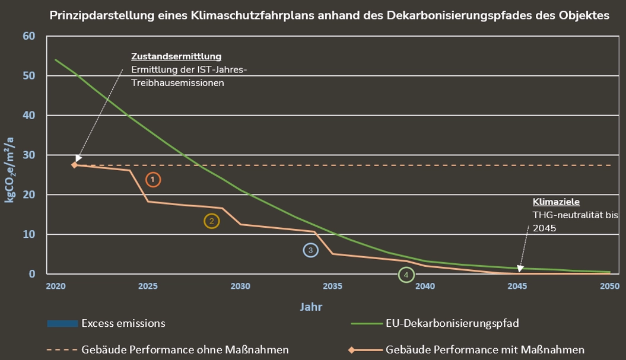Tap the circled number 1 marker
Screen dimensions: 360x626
tap(153, 179)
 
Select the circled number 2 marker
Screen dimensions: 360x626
tap(211, 221)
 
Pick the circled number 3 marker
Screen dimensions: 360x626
tap(310, 250)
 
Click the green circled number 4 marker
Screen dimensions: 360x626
tap(406, 275)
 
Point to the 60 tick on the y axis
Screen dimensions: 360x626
tap(29, 36)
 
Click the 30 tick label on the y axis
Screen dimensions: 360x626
tap(29, 155)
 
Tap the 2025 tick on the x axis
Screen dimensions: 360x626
tap(148, 286)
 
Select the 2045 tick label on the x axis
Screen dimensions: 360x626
tap(517, 286)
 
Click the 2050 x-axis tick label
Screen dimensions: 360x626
tap(610, 286)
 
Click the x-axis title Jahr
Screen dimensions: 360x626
tap(311, 307)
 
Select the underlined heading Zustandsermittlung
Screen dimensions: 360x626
tap(176, 56)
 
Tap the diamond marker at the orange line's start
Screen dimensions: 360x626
tap(75, 165)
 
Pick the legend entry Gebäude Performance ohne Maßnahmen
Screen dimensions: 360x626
tap(185, 349)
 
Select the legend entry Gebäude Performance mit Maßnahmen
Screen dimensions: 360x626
tap(485, 349)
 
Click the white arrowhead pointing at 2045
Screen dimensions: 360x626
tap(520, 269)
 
